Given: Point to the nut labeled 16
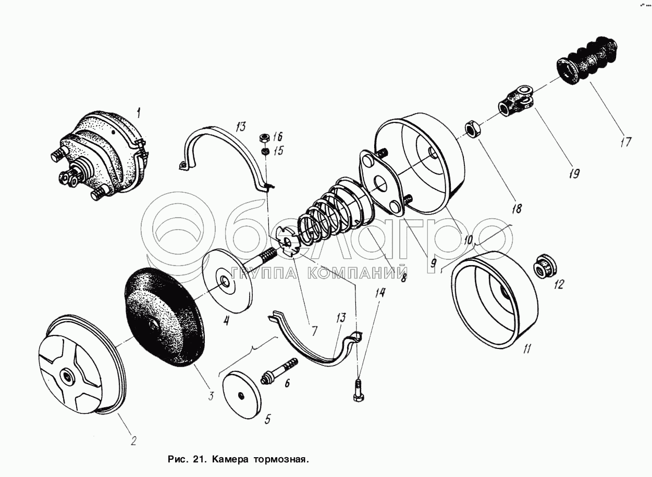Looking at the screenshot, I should click(264, 139).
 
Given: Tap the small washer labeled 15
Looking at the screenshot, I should click(265, 152).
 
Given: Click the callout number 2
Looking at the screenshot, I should click(133, 441).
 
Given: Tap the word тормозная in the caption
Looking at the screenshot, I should click(281, 460).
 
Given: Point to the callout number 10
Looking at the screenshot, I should click(468, 240).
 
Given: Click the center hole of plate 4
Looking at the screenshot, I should click(225, 281).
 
